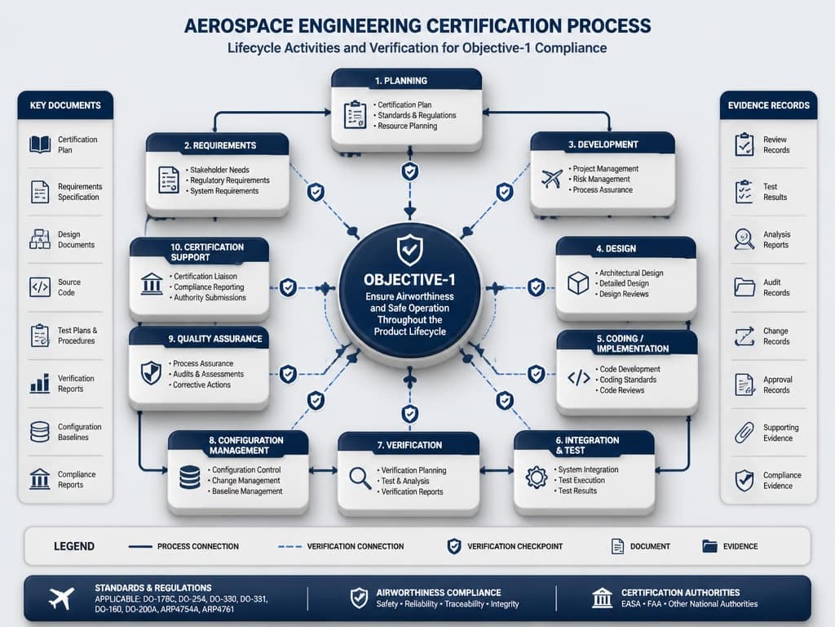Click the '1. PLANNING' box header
click(406, 80)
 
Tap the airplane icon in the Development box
click(552, 179)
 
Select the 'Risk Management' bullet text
click(601, 179)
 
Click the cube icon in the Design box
click(578, 282)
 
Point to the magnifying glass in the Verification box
click(360, 478)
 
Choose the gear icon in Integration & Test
click(537, 477)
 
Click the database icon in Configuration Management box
click(189, 477)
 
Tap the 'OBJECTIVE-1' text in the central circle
click(409, 279)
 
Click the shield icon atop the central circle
click(410, 250)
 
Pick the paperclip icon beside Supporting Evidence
click(744, 433)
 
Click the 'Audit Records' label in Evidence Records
click(776, 287)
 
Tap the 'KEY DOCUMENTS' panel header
click(65, 105)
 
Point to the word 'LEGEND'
click(74, 546)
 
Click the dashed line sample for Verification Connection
click(289, 546)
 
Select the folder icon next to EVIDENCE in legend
click(709, 546)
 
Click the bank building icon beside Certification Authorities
click(602, 598)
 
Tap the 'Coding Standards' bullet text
click(628, 380)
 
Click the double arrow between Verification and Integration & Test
click(497, 471)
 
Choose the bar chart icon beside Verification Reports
click(40, 383)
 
